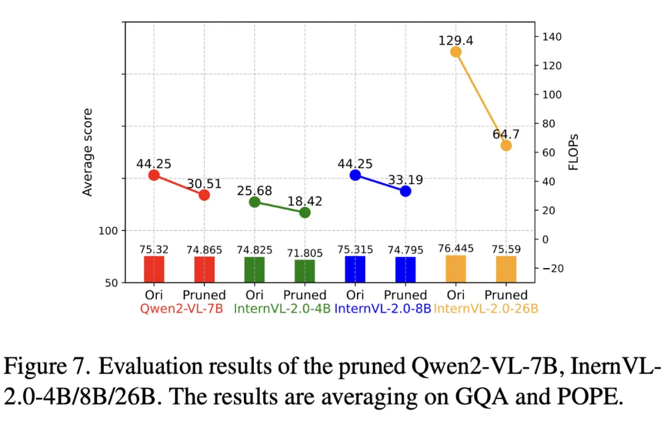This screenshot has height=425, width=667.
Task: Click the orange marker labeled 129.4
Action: click(456, 52)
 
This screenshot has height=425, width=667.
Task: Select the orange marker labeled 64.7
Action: click(506, 145)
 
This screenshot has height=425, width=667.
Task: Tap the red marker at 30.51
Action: click(204, 195)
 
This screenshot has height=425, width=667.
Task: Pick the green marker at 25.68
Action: click(254, 202)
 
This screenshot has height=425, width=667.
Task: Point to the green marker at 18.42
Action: click(305, 212)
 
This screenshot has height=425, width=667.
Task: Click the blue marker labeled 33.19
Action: click(406, 191)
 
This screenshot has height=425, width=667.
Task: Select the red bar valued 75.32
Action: click(154, 269)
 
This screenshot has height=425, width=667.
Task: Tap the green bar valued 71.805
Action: click(305, 271)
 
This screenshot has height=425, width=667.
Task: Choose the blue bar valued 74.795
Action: click(406, 269)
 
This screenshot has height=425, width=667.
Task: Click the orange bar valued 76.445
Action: click(456, 269)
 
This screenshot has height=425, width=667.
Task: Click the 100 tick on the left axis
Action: click(109, 230)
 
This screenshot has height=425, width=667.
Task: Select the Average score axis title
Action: click(88, 153)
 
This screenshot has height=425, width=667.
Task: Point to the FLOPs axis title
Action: click(573, 152)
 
